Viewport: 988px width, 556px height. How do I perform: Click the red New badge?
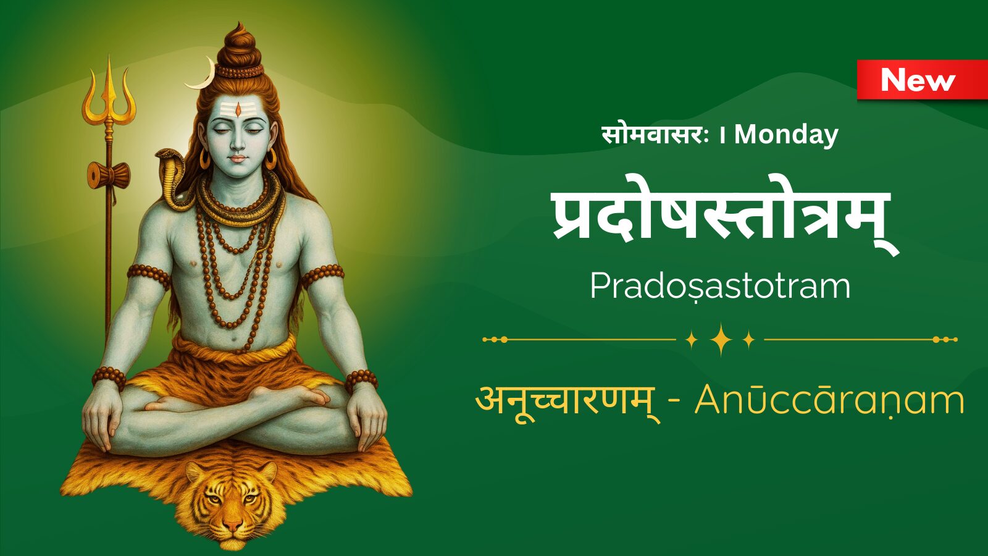pyautogui.click(x=923, y=80)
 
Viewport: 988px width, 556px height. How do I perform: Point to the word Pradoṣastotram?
pyautogui.click(x=720, y=287)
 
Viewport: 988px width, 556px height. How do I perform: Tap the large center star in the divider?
pyautogui.click(x=721, y=339)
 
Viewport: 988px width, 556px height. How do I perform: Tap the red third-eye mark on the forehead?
pyautogui.click(x=238, y=109)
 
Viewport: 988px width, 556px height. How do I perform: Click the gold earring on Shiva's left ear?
pyautogui.click(x=270, y=158)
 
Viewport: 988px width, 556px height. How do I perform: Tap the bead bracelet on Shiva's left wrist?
pyautogui.click(x=361, y=381)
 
